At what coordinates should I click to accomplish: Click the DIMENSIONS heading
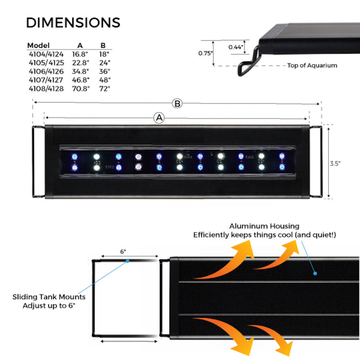coord(73,22)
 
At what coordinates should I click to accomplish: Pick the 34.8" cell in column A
coord(80,72)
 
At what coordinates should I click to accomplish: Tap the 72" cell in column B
coord(104,89)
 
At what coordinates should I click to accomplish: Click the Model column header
coord(38,45)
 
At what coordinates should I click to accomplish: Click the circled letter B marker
coord(177,103)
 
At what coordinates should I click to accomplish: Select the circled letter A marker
coord(159,118)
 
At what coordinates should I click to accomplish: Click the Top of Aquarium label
coord(312,65)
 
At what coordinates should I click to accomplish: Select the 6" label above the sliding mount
coord(123,252)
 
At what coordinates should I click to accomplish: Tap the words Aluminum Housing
coord(264,226)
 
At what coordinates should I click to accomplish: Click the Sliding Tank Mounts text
coord(49,297)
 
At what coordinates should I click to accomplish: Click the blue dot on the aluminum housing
coord(315,274)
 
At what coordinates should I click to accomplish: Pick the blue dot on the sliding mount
coord(128,261)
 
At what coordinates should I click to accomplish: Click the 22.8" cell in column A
coord(80,63)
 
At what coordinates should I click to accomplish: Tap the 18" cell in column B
coord(104,54)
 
